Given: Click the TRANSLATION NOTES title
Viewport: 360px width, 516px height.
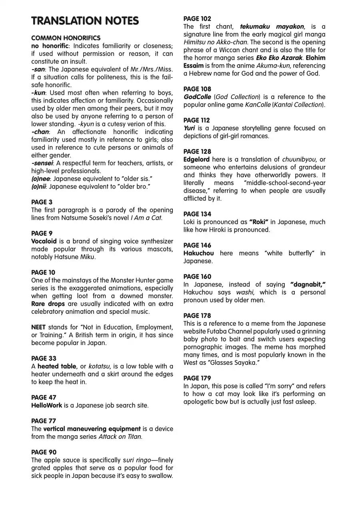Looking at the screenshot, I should point(85,21).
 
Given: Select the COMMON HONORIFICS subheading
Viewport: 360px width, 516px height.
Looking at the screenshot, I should point(66,38).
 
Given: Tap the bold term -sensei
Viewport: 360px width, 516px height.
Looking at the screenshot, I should point(42,163).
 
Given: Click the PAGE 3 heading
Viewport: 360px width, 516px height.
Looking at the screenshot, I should point(42,202).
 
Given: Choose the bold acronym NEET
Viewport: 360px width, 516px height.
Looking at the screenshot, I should point(38,327).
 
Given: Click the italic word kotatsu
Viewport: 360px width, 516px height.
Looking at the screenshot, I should point(99,367).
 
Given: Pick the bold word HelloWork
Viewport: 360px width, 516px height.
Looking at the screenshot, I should point(47,406).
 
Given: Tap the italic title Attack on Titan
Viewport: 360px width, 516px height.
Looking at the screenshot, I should point(120,437).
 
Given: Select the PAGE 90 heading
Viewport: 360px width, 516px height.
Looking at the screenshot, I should point(44,452).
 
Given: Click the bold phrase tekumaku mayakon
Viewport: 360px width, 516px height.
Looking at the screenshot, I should point(272,27).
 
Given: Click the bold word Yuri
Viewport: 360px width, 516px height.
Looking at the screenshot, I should point(189,128).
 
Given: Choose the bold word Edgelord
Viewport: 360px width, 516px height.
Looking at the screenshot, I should point(196,159).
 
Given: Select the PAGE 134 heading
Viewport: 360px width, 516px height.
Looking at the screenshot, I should point(197,214).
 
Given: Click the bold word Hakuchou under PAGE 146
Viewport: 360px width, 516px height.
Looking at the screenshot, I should point(198,253).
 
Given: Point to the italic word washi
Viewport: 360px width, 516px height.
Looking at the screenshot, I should point(245,293).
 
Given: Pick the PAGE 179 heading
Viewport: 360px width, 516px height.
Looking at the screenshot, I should point(197,379).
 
